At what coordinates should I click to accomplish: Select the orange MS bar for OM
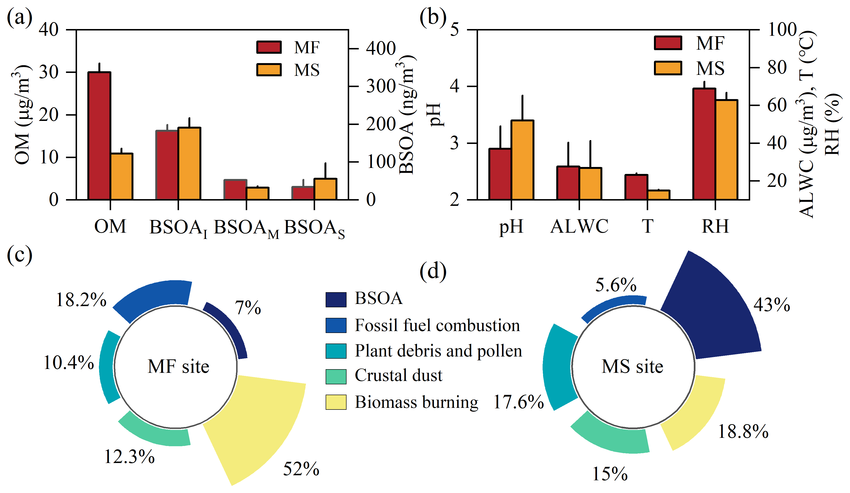pos(122,176)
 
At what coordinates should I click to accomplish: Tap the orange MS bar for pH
pos(522,160)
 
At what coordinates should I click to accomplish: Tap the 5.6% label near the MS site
pos(616,285)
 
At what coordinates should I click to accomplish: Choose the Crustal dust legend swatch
pos(336,377)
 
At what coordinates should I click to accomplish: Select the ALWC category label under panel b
pos(579,226)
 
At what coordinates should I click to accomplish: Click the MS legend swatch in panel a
pos(269,70)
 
